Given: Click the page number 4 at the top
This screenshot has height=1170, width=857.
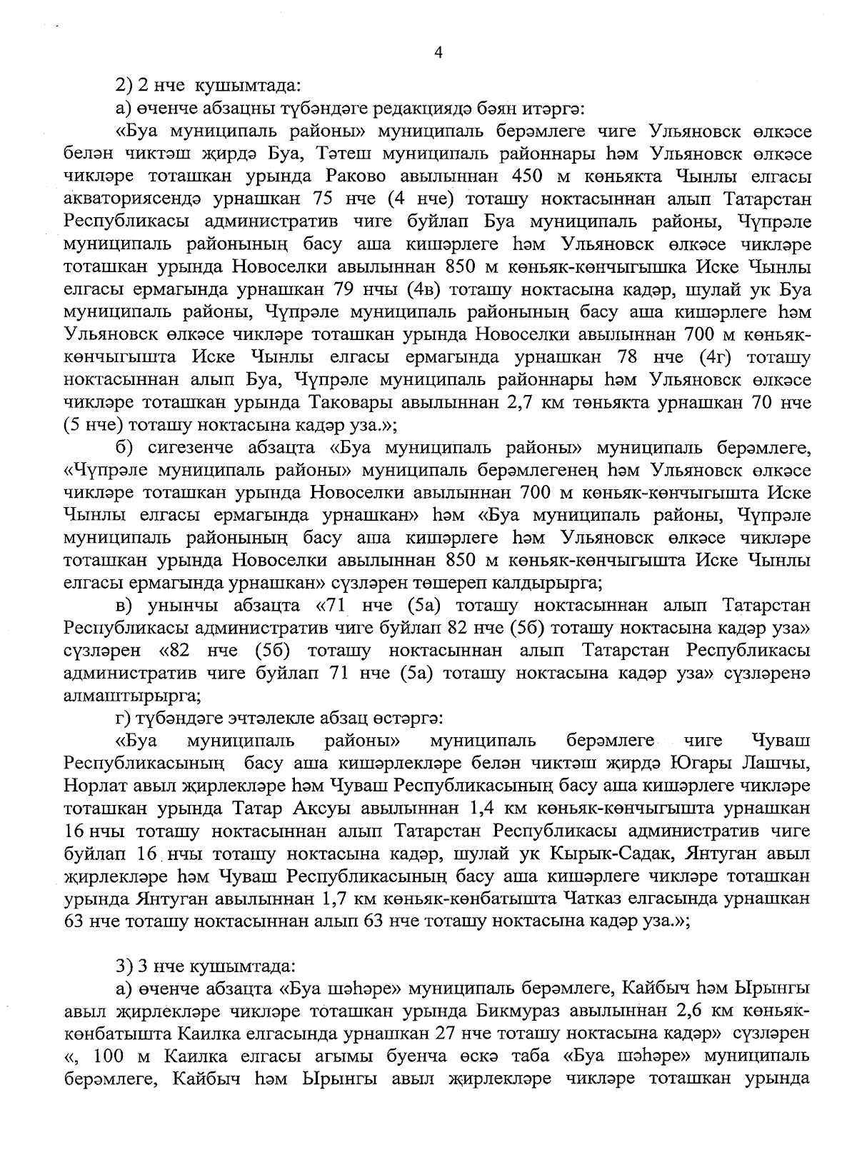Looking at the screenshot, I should (x=438, y=52).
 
